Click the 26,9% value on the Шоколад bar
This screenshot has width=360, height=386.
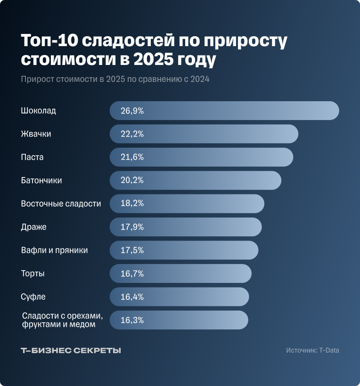[x=132, y=111]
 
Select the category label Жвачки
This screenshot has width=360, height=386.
[x=36, y=134]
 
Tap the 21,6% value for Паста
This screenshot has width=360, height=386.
[x=132, y=157]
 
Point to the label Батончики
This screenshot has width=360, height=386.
[x=41, y=180]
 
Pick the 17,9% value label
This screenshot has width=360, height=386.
[x=132, y=227]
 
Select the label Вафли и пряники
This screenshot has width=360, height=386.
[x=55, y=250]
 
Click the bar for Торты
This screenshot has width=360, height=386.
[x=188, y=273]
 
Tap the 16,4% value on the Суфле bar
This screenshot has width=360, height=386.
[x=132, y=297]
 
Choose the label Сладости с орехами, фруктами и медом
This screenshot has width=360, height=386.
[x=62, y=320]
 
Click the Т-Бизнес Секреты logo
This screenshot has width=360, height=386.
[x=71, y=351]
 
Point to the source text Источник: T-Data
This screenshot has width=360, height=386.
[x=312, y=350]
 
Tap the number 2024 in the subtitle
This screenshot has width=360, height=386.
[x=200, y=79]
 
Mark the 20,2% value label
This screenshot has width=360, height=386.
[x=132, y=180]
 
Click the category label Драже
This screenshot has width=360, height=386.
[x=34, y=227]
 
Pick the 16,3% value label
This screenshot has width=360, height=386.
[x=132, y=320]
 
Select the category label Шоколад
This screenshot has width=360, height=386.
[x=39, y=111]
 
